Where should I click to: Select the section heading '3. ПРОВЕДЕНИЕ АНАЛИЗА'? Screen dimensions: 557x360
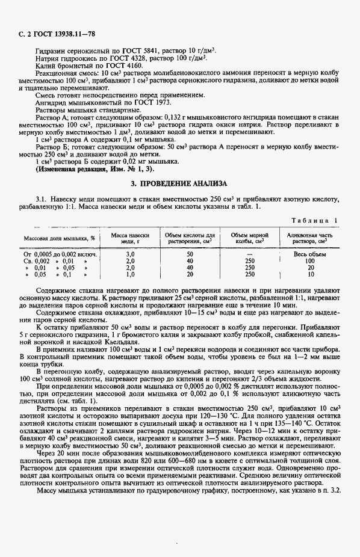coord(179,182)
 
